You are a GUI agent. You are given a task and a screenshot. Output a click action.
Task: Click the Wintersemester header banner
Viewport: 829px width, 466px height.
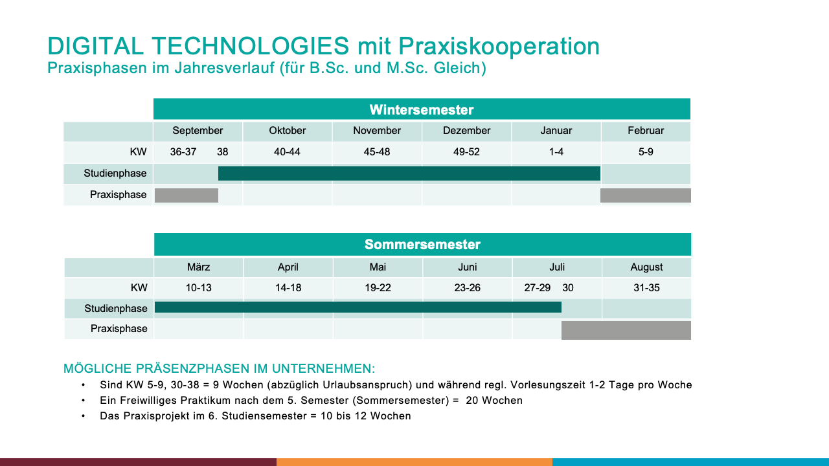422,109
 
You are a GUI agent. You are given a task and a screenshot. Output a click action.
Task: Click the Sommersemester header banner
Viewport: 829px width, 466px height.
422,245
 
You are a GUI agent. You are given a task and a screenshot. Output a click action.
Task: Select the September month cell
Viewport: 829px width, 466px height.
198,131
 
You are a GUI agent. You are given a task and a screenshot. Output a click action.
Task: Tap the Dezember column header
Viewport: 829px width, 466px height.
466,131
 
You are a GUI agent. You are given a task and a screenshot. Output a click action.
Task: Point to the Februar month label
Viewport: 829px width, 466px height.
646,131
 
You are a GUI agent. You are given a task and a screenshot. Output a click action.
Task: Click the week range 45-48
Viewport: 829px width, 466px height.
377,152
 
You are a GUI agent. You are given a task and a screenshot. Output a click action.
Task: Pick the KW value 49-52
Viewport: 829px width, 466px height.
466,152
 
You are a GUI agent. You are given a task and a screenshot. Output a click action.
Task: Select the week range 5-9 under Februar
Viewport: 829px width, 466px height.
646,152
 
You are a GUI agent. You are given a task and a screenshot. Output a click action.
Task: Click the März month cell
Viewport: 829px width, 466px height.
199,267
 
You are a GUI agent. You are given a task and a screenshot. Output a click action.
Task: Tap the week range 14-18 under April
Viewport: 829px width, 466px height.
288,288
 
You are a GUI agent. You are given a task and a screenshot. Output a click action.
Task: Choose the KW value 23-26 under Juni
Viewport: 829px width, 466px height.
468,288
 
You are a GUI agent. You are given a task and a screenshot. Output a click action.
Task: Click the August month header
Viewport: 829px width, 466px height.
646,267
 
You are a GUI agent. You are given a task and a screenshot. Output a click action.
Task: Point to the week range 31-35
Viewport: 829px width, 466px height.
646,288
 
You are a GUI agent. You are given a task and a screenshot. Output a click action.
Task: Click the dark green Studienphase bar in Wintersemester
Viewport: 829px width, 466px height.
409,173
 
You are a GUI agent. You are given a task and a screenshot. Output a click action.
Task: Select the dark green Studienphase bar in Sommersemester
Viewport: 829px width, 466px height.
358,307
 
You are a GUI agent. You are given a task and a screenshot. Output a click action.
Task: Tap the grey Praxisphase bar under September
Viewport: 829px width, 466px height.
187,195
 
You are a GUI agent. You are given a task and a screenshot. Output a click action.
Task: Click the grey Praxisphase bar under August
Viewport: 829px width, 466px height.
626,330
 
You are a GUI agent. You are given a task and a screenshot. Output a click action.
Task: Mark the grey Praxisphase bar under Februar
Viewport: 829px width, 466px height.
646,195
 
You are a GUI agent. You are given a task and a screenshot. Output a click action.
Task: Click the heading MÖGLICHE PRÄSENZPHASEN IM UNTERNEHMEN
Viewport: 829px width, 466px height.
219,369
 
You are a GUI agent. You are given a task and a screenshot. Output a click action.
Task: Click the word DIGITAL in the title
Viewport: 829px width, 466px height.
95,46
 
